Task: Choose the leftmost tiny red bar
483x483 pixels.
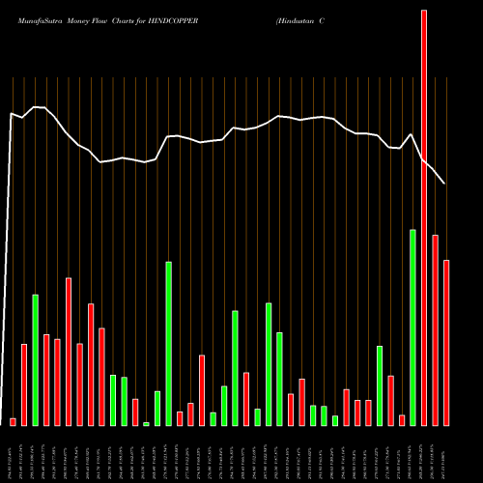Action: click(x=14, y=421)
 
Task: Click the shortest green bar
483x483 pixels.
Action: click(x=146, y=423)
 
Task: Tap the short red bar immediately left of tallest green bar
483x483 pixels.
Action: click(x=401, y=419)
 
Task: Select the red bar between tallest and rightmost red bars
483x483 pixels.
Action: click(x=435, y=329)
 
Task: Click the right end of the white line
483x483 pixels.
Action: click(x=444, y=183)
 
